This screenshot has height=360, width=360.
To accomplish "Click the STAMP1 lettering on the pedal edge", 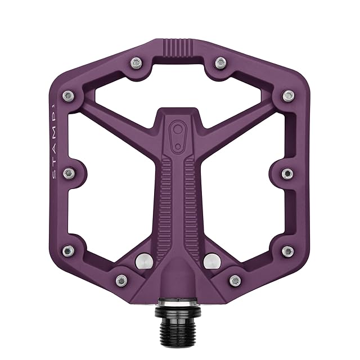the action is point(53,140).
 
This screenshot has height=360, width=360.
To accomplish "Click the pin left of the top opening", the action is point(136,62).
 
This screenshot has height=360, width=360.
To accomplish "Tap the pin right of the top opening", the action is point(220,62).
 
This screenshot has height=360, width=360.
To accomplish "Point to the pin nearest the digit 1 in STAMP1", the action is point(69,96).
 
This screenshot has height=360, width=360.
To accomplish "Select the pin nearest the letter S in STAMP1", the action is point(69,173).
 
